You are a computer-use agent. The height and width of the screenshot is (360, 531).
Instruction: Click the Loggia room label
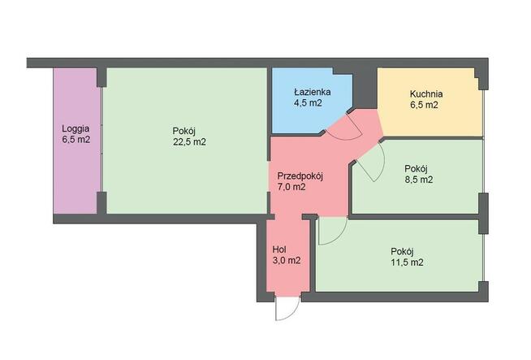[x=76, y=128]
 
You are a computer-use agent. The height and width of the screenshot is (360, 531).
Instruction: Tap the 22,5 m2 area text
[x=188, y=141]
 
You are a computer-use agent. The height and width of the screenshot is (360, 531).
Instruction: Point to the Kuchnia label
[x=425, y=93]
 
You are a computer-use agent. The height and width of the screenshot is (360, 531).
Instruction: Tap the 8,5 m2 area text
[x=418, y=180]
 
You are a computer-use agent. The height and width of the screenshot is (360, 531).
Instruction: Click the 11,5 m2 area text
[x=408, y=262]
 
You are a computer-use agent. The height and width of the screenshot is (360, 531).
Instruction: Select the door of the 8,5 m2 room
[x=369, y=166]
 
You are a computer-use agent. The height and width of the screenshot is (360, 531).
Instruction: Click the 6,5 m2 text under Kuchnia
[x=425, y=104]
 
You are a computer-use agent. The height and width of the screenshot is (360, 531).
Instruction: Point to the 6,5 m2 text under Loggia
[x=76, y=140]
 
